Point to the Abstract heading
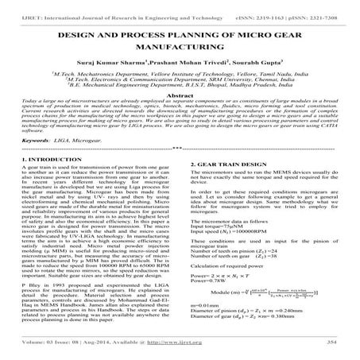coord(180,116)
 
